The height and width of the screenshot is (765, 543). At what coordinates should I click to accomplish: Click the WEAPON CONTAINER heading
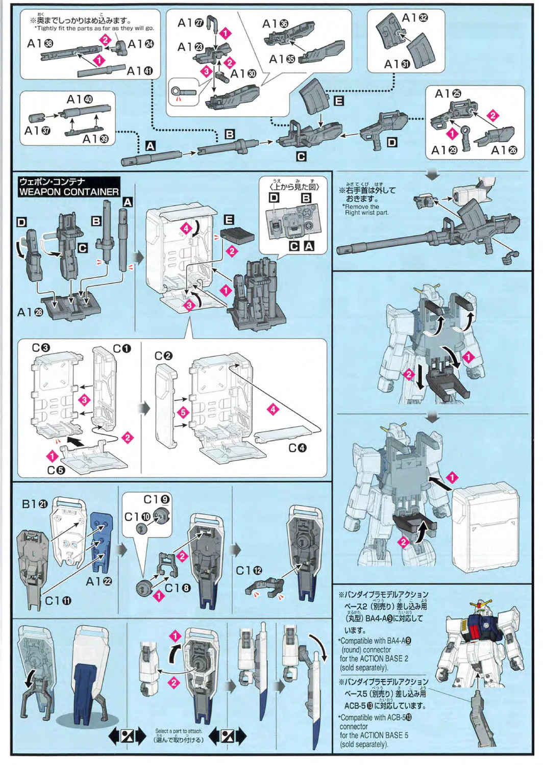pos(69,191)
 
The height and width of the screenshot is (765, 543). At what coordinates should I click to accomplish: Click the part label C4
pos(297,447)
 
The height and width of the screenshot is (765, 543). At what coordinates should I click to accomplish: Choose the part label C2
pos(163,355)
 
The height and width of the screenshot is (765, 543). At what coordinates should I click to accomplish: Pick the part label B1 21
pos(35,504)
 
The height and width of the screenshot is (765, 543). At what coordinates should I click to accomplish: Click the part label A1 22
pos(98,581)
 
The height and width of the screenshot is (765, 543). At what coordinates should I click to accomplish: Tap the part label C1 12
pos(249,570)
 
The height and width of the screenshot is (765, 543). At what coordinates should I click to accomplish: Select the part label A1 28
pos(30,312)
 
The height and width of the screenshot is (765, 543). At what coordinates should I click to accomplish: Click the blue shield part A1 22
pos(101,541)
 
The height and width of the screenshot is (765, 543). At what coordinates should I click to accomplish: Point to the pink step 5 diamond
pos(183,411)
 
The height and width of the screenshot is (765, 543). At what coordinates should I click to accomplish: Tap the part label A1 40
pos(80,99)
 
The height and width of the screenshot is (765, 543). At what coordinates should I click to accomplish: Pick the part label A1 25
pos(448,93)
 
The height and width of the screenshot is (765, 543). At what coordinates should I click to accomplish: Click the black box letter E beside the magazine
pos(338,101)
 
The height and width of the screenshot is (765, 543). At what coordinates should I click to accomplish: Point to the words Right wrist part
pos(366,213)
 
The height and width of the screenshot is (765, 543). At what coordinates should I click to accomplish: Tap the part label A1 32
pos(415,18)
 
